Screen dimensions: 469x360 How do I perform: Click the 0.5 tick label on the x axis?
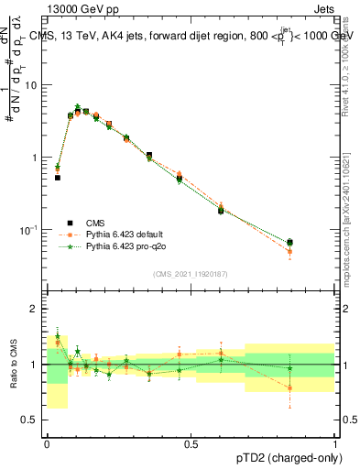[191, 444]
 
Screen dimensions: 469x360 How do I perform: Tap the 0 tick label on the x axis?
[47, 444]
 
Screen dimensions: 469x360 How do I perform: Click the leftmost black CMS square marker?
[57, 178]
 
